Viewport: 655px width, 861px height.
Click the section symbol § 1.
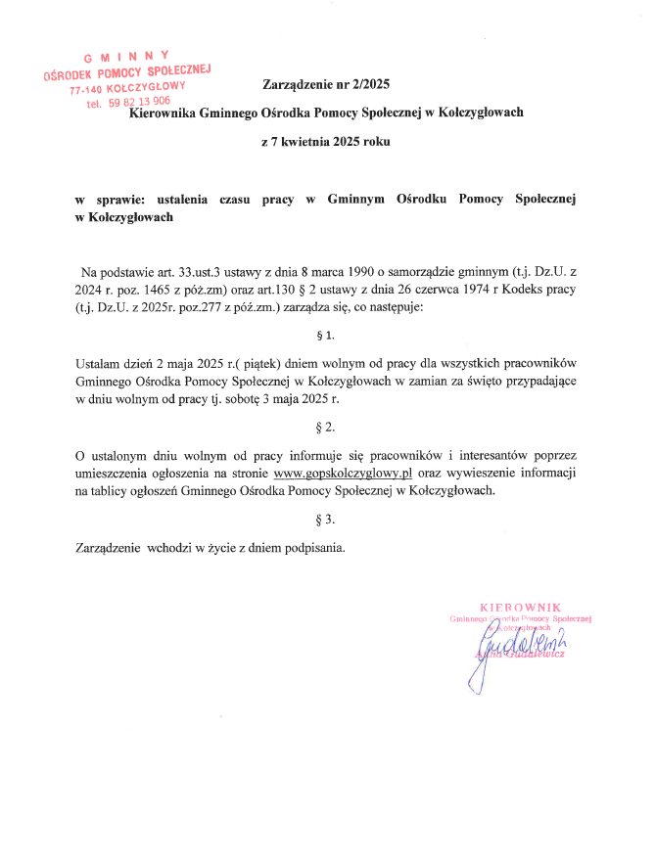(326, 336)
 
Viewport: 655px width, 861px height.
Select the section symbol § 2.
(326, 428)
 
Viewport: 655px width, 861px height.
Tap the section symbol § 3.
(326, 519)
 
